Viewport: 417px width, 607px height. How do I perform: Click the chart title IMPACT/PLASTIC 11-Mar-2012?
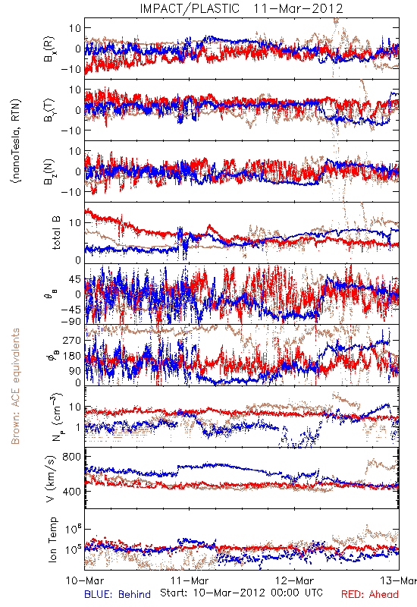(241, 8)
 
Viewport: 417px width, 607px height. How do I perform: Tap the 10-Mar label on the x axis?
(84, 580)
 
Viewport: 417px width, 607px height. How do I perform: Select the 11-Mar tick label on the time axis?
(190, 580)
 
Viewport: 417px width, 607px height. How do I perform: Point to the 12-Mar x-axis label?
(294, 580)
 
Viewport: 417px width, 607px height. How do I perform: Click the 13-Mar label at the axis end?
(399, 580)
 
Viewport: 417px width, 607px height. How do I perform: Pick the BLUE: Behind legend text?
(118, 594)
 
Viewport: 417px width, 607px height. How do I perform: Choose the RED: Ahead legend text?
(370, 594)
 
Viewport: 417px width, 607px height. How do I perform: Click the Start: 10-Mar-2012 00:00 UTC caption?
(241, 593)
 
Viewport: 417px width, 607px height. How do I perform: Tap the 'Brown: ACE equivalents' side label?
(15, 386)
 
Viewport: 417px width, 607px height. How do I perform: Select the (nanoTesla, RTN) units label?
(16, 141)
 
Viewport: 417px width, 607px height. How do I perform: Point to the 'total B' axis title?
(55, 233)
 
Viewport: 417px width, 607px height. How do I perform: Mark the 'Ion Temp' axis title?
(52, 539)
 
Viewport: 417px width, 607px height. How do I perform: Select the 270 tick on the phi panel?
(72, 340)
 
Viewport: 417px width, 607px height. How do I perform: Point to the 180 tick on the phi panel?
(72, 356)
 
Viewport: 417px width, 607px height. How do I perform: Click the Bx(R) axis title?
(49, 49)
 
